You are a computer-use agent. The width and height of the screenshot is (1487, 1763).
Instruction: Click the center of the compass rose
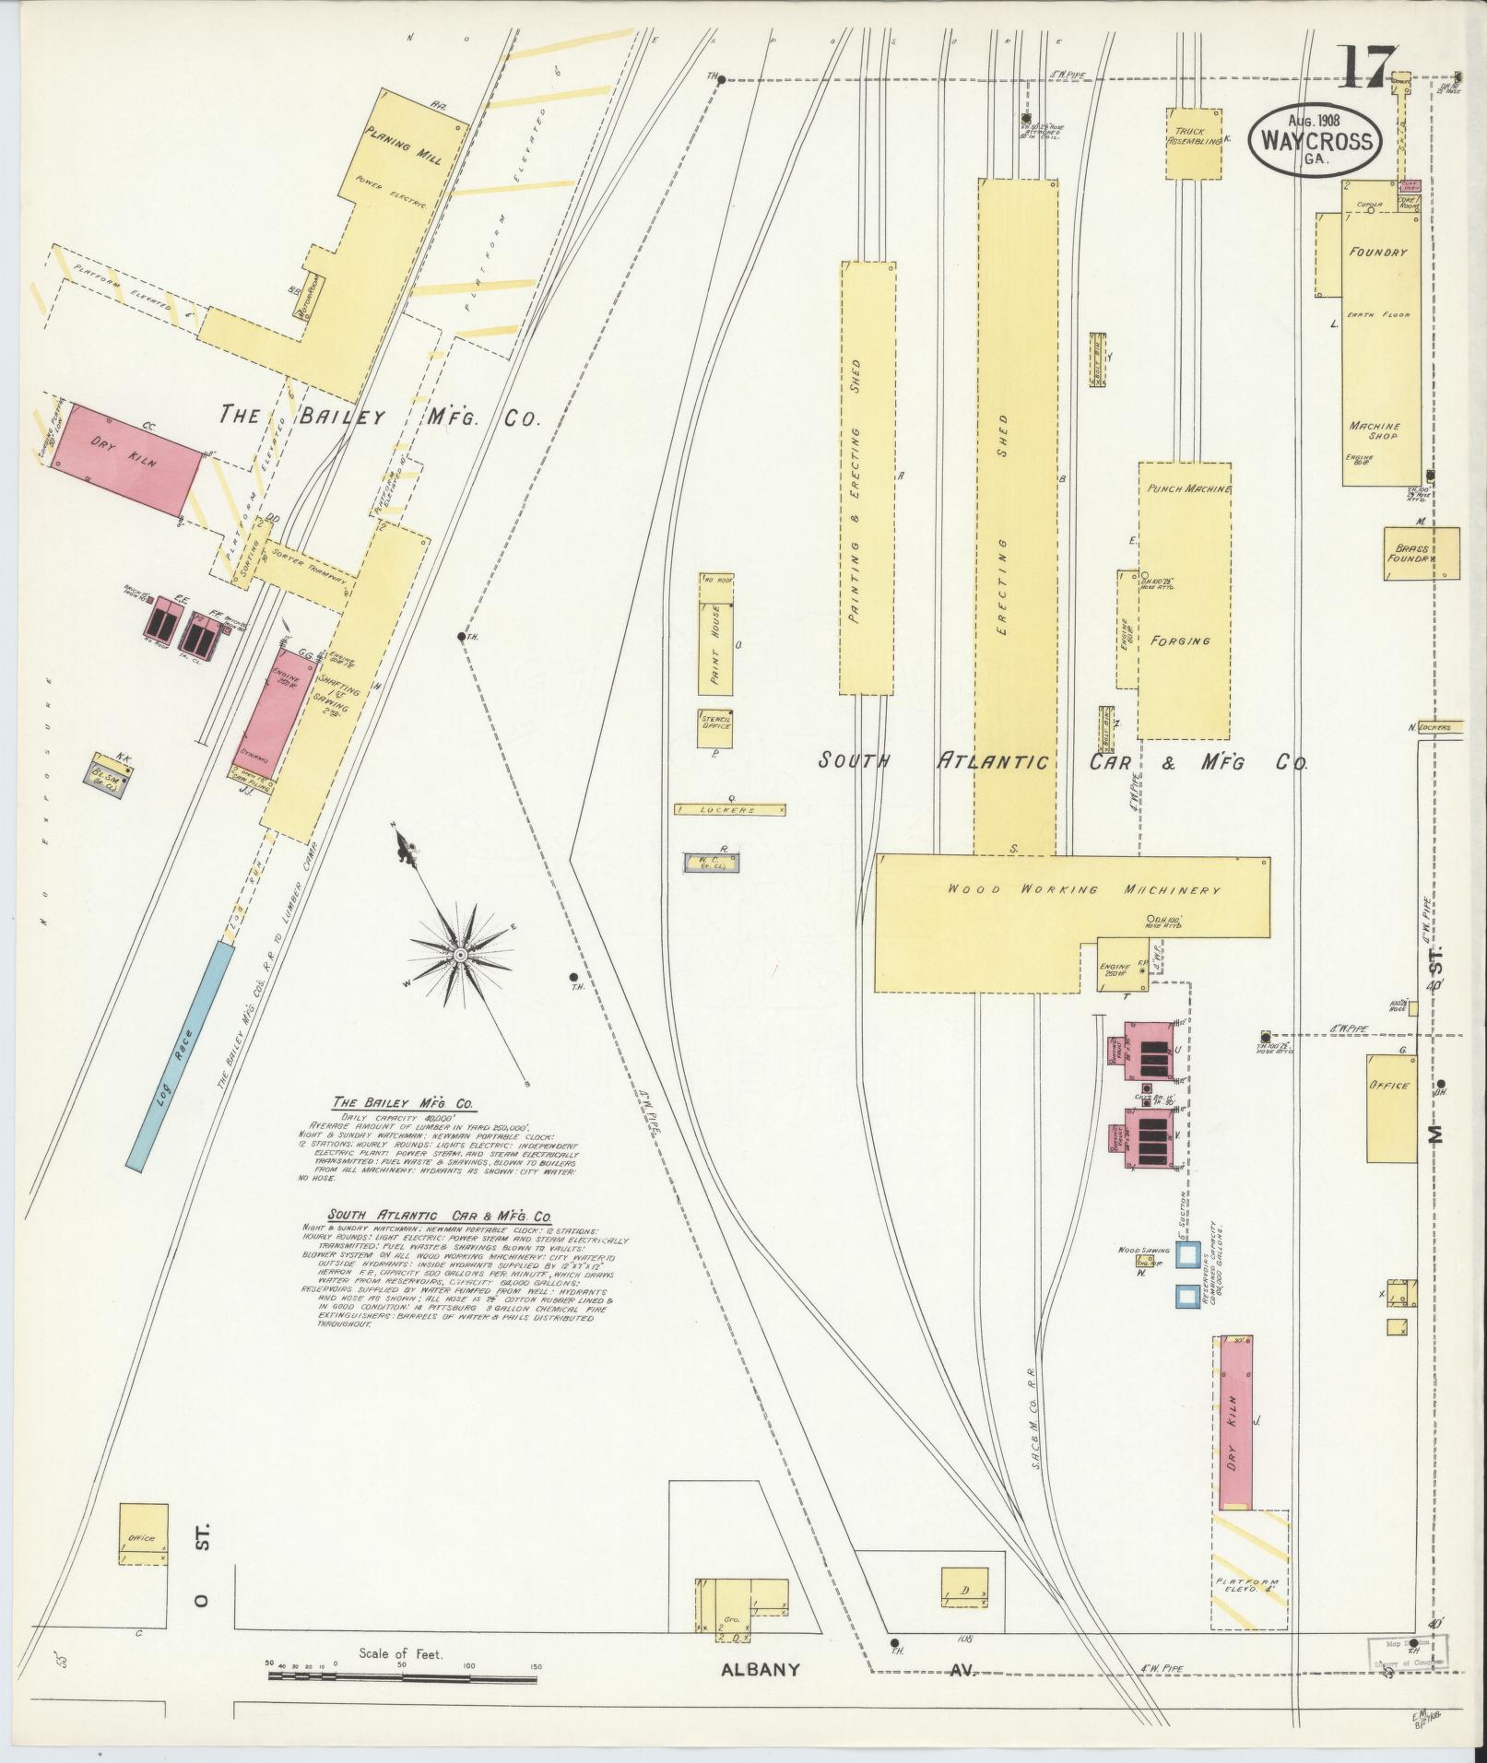point(457,953)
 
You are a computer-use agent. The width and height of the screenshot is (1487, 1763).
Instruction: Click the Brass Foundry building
point(1422,553)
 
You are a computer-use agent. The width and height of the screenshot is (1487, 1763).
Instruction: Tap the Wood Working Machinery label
point(1083,890)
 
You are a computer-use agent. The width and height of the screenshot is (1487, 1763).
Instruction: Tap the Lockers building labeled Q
point(730,809)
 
